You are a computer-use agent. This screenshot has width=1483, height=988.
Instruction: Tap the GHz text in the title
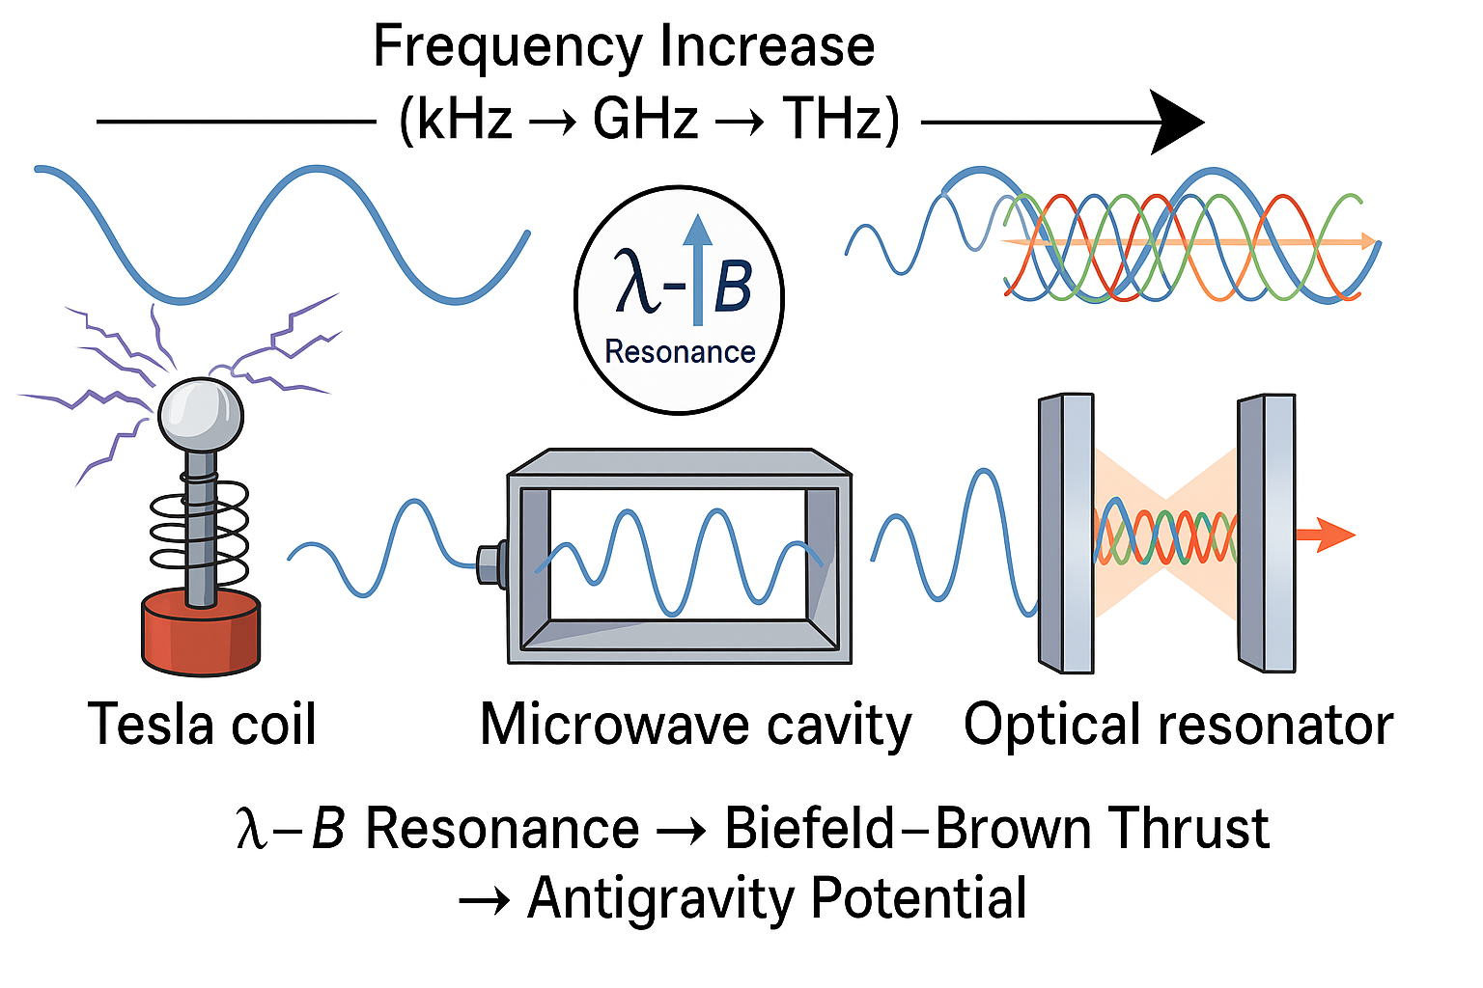(645, 120)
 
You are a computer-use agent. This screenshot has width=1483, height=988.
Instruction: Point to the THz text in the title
(832, 120)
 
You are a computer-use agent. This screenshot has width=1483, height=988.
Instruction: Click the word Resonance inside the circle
(680, 352)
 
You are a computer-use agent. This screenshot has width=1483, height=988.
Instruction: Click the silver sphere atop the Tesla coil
(201, 413)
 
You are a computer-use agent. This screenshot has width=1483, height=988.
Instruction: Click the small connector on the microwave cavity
(492, 563)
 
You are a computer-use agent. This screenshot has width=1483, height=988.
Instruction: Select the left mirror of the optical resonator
(1066, 533)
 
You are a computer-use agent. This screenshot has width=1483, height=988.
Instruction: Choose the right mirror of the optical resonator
(1267, 533)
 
